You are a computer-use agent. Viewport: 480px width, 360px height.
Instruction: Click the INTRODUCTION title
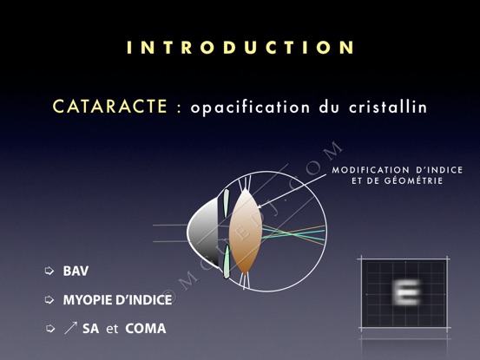240,48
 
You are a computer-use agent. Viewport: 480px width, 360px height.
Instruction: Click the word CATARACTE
110,107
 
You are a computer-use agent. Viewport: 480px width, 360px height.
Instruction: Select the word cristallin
388,107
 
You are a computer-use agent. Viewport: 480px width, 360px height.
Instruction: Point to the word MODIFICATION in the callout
371,170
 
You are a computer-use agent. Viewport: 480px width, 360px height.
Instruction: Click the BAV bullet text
76,271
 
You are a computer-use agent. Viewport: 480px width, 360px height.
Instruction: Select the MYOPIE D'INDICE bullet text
117,300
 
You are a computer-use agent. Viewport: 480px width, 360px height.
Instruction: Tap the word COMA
146,329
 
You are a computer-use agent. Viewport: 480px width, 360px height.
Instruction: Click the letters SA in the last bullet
90,329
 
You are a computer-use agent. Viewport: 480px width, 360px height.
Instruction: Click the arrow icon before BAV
49,271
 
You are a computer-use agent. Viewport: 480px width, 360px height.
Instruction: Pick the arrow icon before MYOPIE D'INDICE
49,300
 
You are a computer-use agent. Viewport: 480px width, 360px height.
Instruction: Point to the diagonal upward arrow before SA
70,328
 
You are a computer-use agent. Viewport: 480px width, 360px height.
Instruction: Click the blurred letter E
406,292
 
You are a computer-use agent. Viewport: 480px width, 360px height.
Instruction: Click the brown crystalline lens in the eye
245,232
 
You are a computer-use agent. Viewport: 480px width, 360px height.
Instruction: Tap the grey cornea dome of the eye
204,232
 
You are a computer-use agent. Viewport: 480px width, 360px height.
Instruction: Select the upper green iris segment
226,203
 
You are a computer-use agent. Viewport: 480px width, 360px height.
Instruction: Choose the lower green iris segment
227,261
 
